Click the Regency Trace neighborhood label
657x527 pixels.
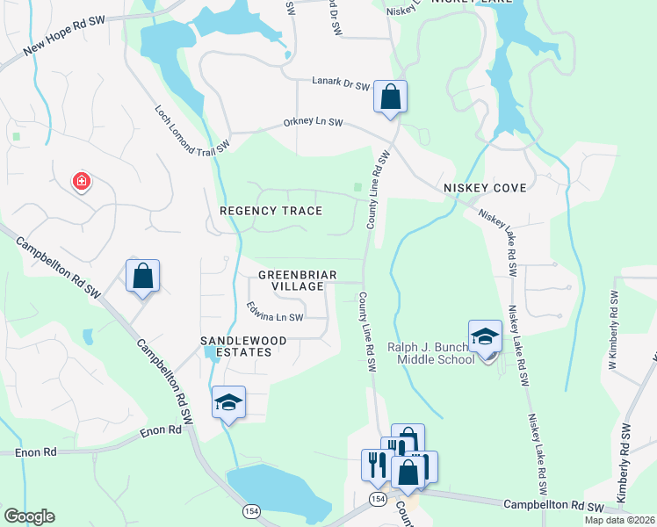click(271, 211)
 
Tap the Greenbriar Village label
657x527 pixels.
click(297, 281)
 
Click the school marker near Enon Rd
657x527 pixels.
click(228, 402)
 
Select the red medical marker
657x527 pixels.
click(81, 181)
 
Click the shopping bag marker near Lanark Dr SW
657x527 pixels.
click(390, 97)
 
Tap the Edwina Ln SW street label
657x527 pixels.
click(275, 312)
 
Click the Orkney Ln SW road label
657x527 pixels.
click(313, 123)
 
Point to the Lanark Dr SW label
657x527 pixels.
click(341, 83)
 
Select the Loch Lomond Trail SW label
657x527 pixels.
click(191, 127)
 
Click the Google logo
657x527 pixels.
click(29, 516)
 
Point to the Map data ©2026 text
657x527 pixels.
click(618, 520)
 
